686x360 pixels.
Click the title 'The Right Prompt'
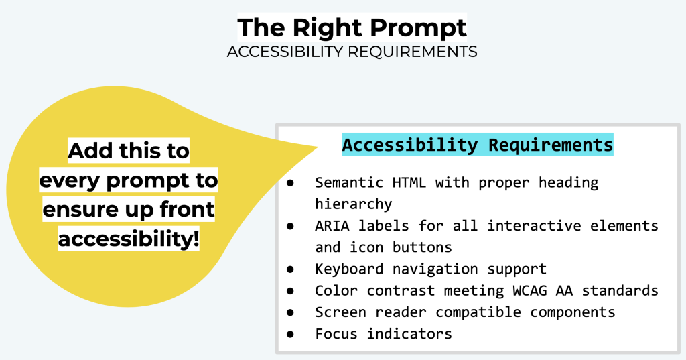pos(352,28)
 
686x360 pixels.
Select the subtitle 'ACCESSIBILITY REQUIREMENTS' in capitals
pos(352,52)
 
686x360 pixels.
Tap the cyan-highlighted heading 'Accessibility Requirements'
pos(478,145)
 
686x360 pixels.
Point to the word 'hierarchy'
pos(353,204)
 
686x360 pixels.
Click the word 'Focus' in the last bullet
pos(336,333)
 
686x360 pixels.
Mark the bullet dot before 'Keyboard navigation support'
pos(291,269)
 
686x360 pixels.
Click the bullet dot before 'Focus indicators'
pos(291,334)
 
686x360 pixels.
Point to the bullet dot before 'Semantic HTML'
pos(291,183)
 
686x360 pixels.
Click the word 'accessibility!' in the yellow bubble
pos(129,239)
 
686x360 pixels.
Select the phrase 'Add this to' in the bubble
pos(129,152)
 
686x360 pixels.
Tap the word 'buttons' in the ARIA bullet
pos(423,247)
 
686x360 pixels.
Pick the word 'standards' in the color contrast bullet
pos(620,290)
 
